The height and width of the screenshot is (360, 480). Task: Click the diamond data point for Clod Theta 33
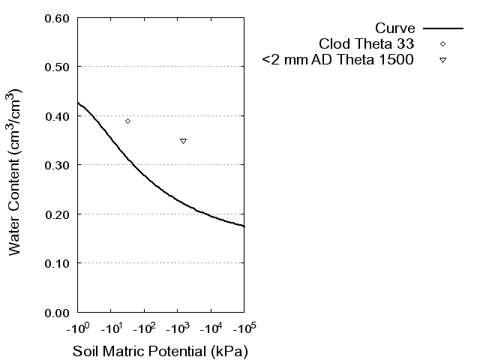pyautogui.click(x=127, y=121)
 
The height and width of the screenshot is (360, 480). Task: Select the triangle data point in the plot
pyautogui.click(x=183, y=141)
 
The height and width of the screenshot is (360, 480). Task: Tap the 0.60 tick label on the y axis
pyautogui.click(x=58, y=18)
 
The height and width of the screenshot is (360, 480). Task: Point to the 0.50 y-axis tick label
pyautogui.click(x=58, y=67)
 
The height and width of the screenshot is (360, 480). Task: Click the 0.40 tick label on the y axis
pyautogui.click(x=58, y=116)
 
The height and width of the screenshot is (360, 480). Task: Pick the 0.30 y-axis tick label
pyautogui.click(x=58, y=165)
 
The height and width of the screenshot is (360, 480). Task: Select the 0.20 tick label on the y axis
pyautogui.click(x=58, y=214)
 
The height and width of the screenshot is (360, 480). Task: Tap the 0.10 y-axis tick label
pyautogui.click(x=58, y=263)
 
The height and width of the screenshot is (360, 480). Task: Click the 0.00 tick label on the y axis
pyautogui.click(x=58, y=312)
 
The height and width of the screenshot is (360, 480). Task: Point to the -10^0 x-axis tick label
pyautogui.click(x=77, y=328)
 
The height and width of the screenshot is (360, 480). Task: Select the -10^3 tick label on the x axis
pyautogui.click(x=177, y=328)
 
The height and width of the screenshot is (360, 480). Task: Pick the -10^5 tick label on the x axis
pyautogui.click(x=244, y=328)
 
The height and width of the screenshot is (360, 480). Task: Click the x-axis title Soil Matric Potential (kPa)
pyautogui.click(x=160, y=351)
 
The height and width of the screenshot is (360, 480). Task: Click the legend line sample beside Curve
pyautogui.click(x=443, y=28)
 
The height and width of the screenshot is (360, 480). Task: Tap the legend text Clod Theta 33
pyautogui.click(x=367, y=43)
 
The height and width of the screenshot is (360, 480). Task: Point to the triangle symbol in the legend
pyautogui.click(x=443, y=60)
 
